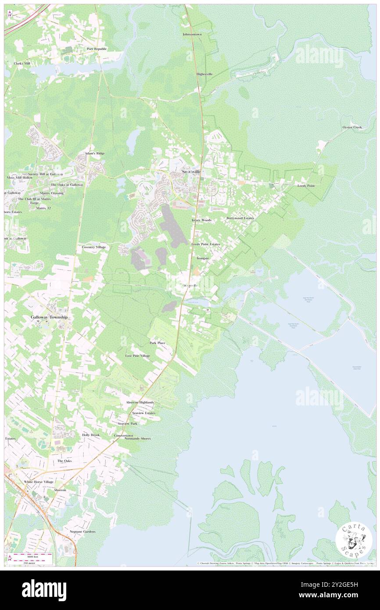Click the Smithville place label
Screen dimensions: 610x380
coord(191,172)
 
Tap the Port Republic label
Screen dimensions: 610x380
coord(97,49)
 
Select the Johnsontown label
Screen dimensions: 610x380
coord(192,34)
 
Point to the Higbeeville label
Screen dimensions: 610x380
coord(204,74)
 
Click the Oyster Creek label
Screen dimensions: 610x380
coord(352,127)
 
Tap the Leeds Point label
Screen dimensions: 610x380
coord(306,186)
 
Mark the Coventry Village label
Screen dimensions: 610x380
coord(94,248)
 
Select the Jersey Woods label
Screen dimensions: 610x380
coord(201,220)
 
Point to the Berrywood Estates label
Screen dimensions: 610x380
coord(240,218)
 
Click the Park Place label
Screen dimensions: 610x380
coord(158,343)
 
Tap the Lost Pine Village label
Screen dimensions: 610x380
coord(137,356)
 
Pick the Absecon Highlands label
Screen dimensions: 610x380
coord(140,402)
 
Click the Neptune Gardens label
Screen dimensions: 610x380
coord(82,531)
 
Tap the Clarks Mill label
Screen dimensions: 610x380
coord(22,64)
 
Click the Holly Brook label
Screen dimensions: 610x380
coord(91,435)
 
